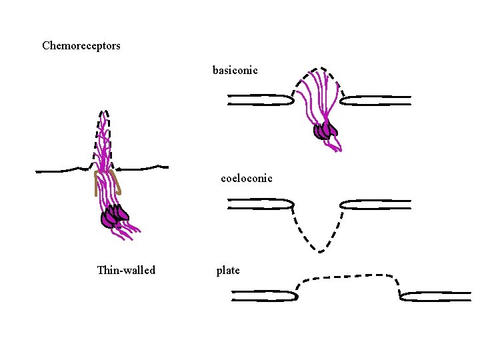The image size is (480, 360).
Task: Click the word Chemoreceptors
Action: pyautogui.click(x=81, y=46)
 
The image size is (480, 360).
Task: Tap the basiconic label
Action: pyautogui.click(x=235, y=70)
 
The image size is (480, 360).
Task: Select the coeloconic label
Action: pyautogui.click(x=247, y=179)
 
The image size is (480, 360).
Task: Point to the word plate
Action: pyautogui.click(x=228, y=271)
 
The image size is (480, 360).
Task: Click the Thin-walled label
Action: pyautogui.click(x=126, y=270)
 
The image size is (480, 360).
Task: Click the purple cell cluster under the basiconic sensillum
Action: pyautogui.click(x=325, y=131)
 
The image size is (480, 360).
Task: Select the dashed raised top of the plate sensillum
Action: pyautogui.click(x=347, y=275)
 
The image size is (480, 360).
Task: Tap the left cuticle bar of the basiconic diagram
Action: pyautogui.click(x=260, y=100)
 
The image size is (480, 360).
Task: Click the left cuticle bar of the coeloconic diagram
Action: pyautogui.click(x=260, y=203)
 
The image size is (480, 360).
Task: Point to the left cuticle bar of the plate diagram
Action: pyautogui.click(x=263, y=295)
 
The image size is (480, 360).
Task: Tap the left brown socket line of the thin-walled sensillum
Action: pyautogui.click(x=96, y=183)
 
